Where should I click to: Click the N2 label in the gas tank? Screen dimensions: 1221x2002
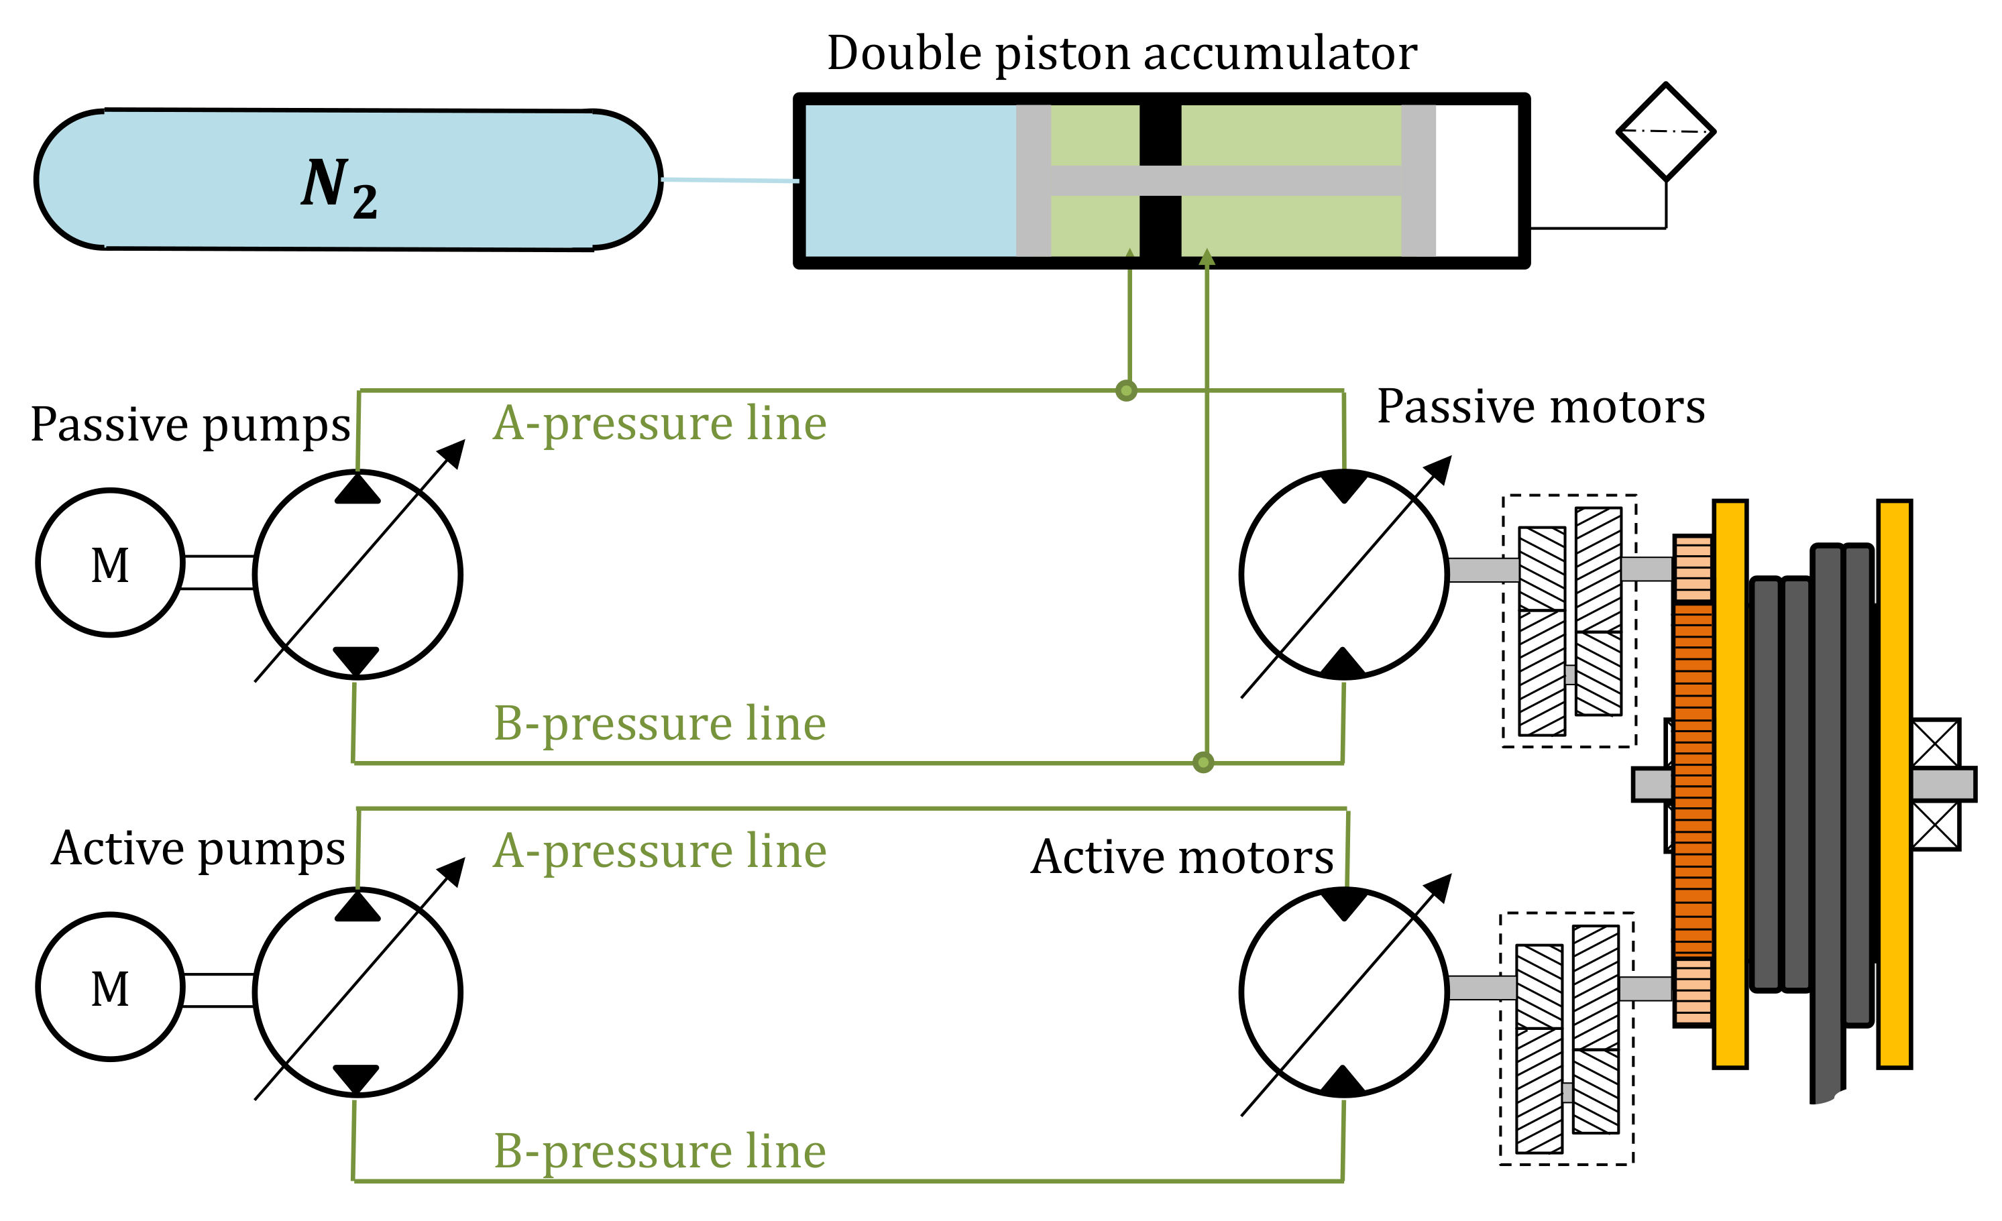(339, 187)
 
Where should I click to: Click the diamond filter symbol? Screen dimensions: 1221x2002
(1665, 131)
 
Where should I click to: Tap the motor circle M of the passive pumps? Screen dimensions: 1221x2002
(111, 563)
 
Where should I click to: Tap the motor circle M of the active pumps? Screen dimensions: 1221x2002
(111, 987)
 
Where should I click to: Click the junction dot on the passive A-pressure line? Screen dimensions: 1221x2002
(1126, 391)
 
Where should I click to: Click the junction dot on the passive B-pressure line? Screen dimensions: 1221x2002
(1203, 762)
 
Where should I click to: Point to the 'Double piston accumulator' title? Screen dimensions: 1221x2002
(1121, 54)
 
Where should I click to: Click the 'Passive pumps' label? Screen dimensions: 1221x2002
(190, 425)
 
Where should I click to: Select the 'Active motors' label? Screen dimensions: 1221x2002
(1182, 858)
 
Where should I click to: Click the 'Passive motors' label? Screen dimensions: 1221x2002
(1541, 407)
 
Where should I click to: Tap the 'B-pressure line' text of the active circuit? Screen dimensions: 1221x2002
(660, 1151)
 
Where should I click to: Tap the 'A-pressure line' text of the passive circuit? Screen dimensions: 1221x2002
(660, 424)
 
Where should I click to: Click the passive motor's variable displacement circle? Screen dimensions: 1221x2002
(1344, 575)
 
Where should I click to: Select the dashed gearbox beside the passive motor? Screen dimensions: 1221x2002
(1569, 621)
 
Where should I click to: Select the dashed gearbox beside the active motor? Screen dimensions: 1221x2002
(1567, 1039)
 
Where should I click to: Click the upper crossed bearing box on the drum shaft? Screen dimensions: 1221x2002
(1936, 742)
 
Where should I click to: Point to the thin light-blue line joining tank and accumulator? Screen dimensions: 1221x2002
(730, 180)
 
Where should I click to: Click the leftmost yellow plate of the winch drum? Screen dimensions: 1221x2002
(1730, 784)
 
